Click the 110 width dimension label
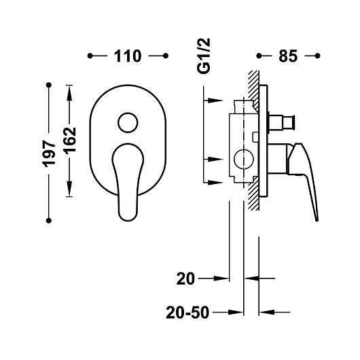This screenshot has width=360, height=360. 128,56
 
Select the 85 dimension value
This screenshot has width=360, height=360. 288,56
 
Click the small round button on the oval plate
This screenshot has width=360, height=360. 127,123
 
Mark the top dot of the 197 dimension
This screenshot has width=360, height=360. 49,85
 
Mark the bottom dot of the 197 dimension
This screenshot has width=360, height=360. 49,219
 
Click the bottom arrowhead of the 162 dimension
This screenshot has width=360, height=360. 69,192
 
